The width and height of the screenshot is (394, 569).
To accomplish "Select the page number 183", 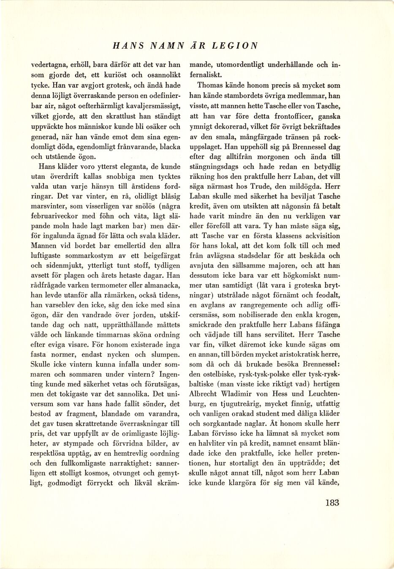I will click(x=332, y=503).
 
